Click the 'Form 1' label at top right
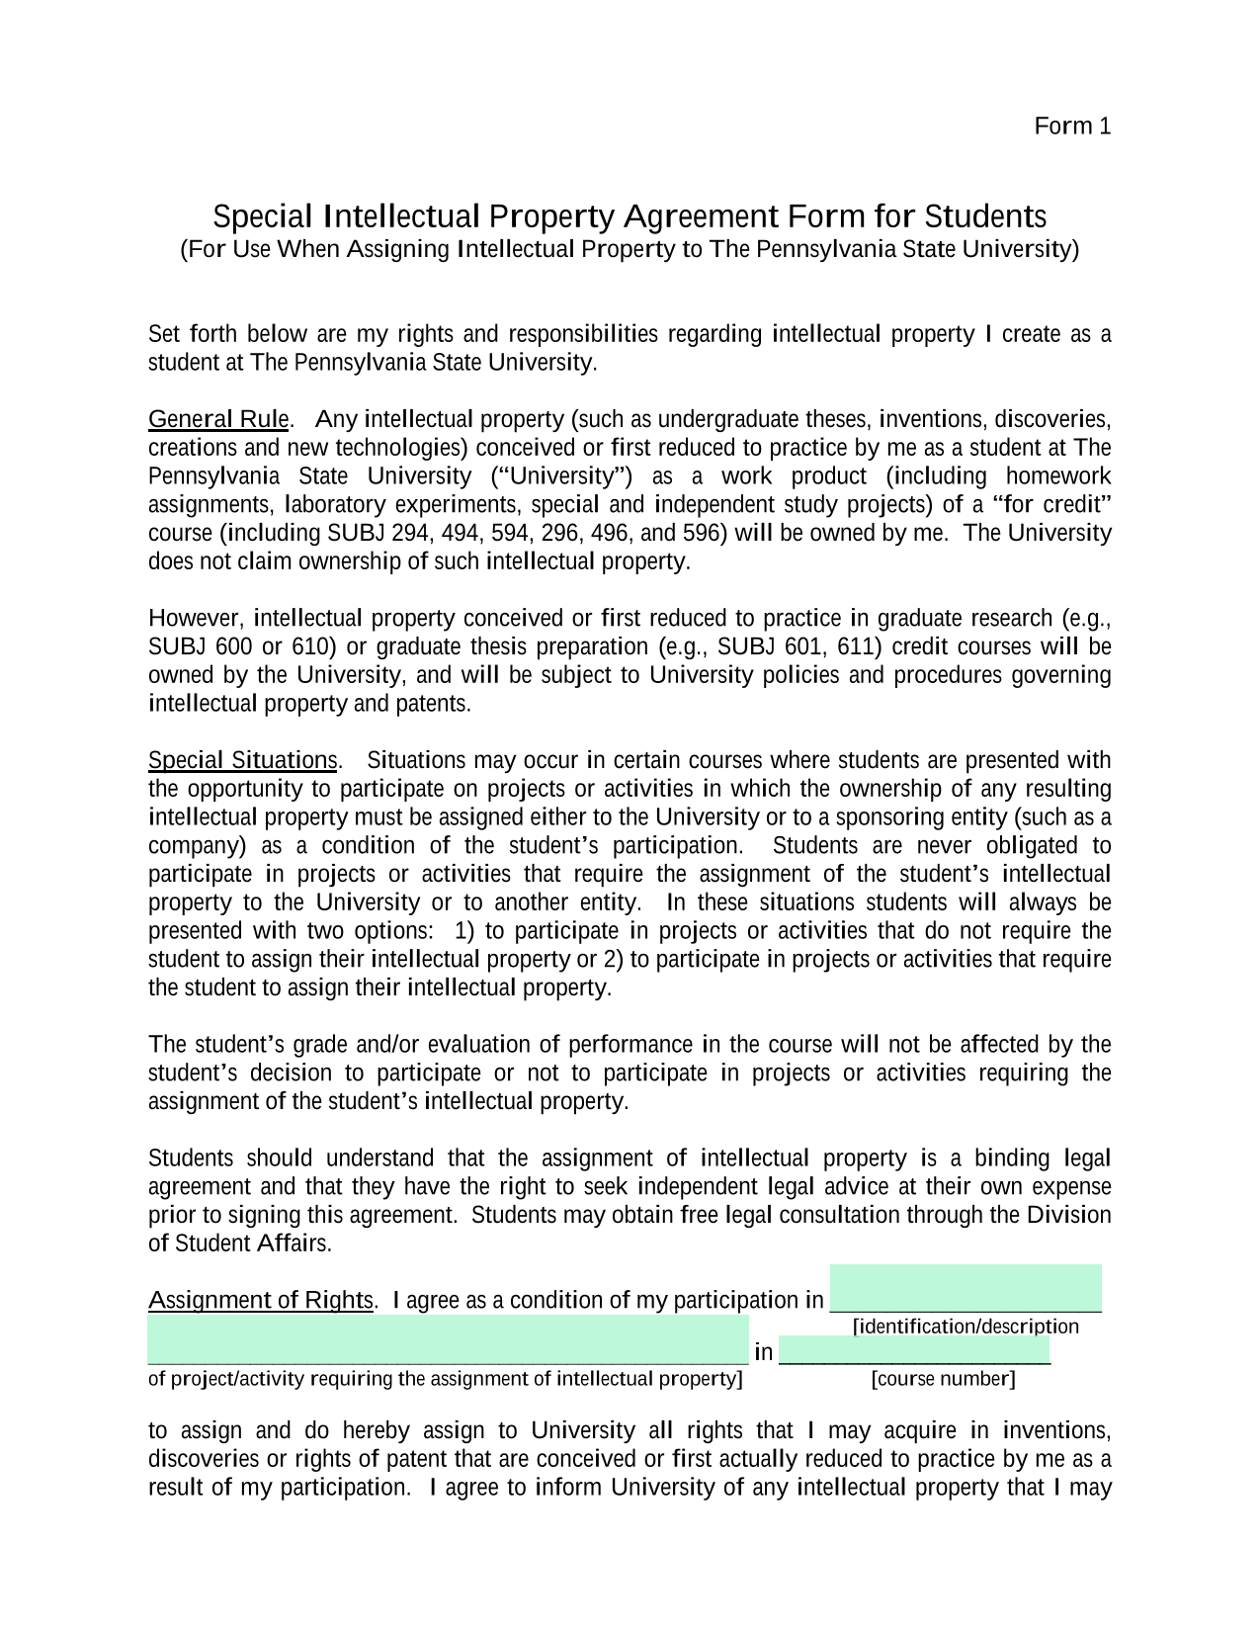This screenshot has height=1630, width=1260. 1072,127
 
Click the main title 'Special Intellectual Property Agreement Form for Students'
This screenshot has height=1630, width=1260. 630,216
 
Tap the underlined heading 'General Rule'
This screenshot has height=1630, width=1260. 218,420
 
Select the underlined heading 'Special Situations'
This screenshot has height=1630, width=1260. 243,761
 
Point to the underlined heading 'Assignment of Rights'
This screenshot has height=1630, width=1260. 261,1301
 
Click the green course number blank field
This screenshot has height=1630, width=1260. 914,1350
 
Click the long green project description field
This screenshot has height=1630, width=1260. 448,1339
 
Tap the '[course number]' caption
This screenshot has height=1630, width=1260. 943,1379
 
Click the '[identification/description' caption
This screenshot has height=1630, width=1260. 966,1327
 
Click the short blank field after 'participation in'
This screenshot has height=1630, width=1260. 966,1289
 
